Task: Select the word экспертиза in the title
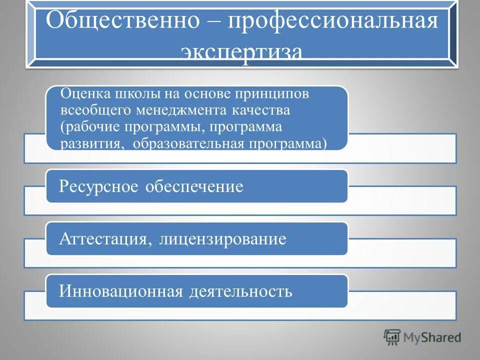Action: click(242, 52)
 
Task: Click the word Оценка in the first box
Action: click(85, 93)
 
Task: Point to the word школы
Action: click(137, 93)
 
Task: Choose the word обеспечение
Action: click(194, 186)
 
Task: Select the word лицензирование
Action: click(223, 239)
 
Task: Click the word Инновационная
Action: click(120, 291)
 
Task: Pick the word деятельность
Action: click(240, 291)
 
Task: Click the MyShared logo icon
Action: click(392, 337)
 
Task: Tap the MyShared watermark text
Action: click(433, 338)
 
